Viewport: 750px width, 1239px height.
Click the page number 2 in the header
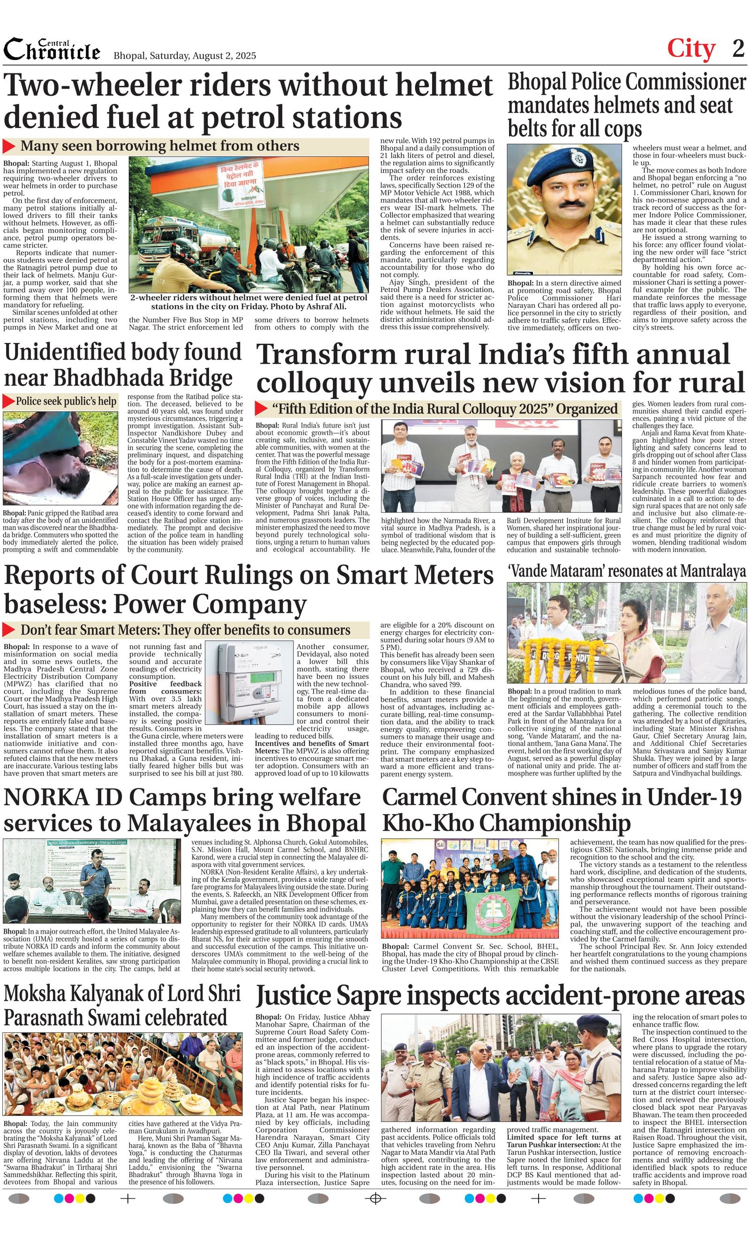[738, 49]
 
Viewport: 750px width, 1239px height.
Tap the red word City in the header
[690, 49]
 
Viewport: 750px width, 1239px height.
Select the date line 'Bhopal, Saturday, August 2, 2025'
[185, 56]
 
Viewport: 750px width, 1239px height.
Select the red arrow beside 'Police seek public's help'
[8, 401]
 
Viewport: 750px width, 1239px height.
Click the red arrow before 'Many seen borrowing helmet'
[9, 146]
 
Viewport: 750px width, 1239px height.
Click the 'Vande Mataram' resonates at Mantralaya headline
[626, 571]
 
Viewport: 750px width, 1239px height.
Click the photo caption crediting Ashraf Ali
[248, 302]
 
